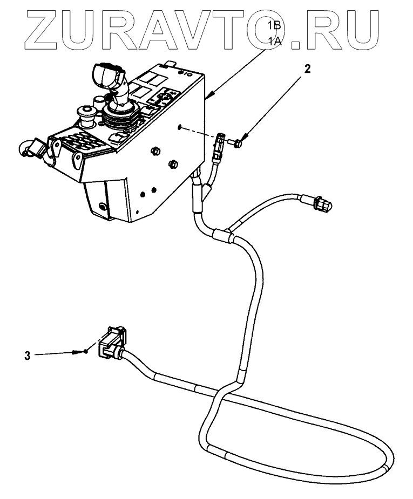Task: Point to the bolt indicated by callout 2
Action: (237, 142)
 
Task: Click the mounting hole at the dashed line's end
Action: (178, 127)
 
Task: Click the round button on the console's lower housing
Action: (103, 206)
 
